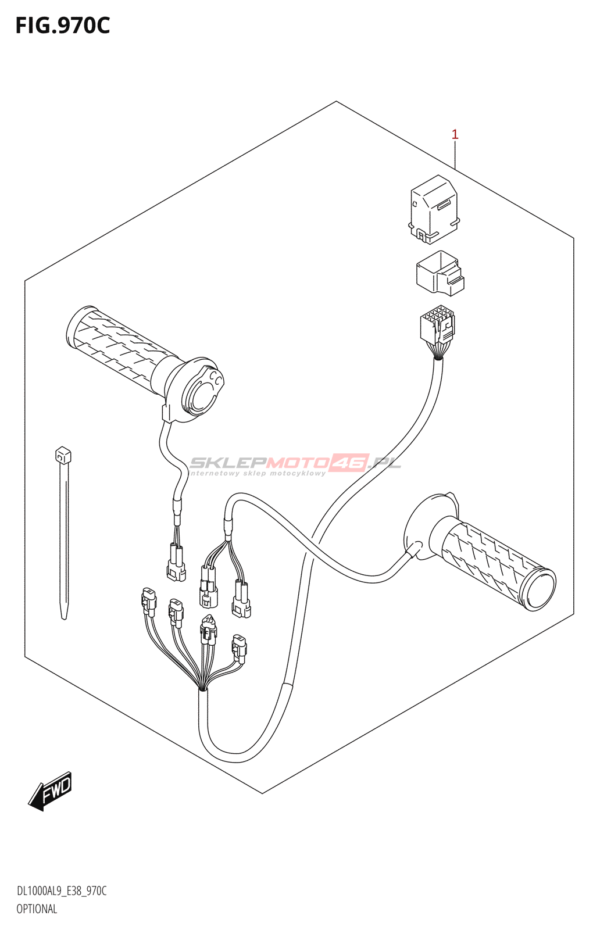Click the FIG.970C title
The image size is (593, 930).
[62, 26]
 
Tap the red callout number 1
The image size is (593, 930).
[455, 135]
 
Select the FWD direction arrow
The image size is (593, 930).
[51, 791]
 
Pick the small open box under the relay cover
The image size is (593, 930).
[440, 273]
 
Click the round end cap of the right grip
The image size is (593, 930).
[538, 590]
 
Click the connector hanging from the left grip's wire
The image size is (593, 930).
[176, 563]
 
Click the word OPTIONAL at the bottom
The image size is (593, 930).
[37, 909]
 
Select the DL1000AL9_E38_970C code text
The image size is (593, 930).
[62, 892]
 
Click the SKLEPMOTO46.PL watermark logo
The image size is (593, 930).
[295, 464]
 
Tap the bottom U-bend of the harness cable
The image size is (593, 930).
[233, 756]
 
